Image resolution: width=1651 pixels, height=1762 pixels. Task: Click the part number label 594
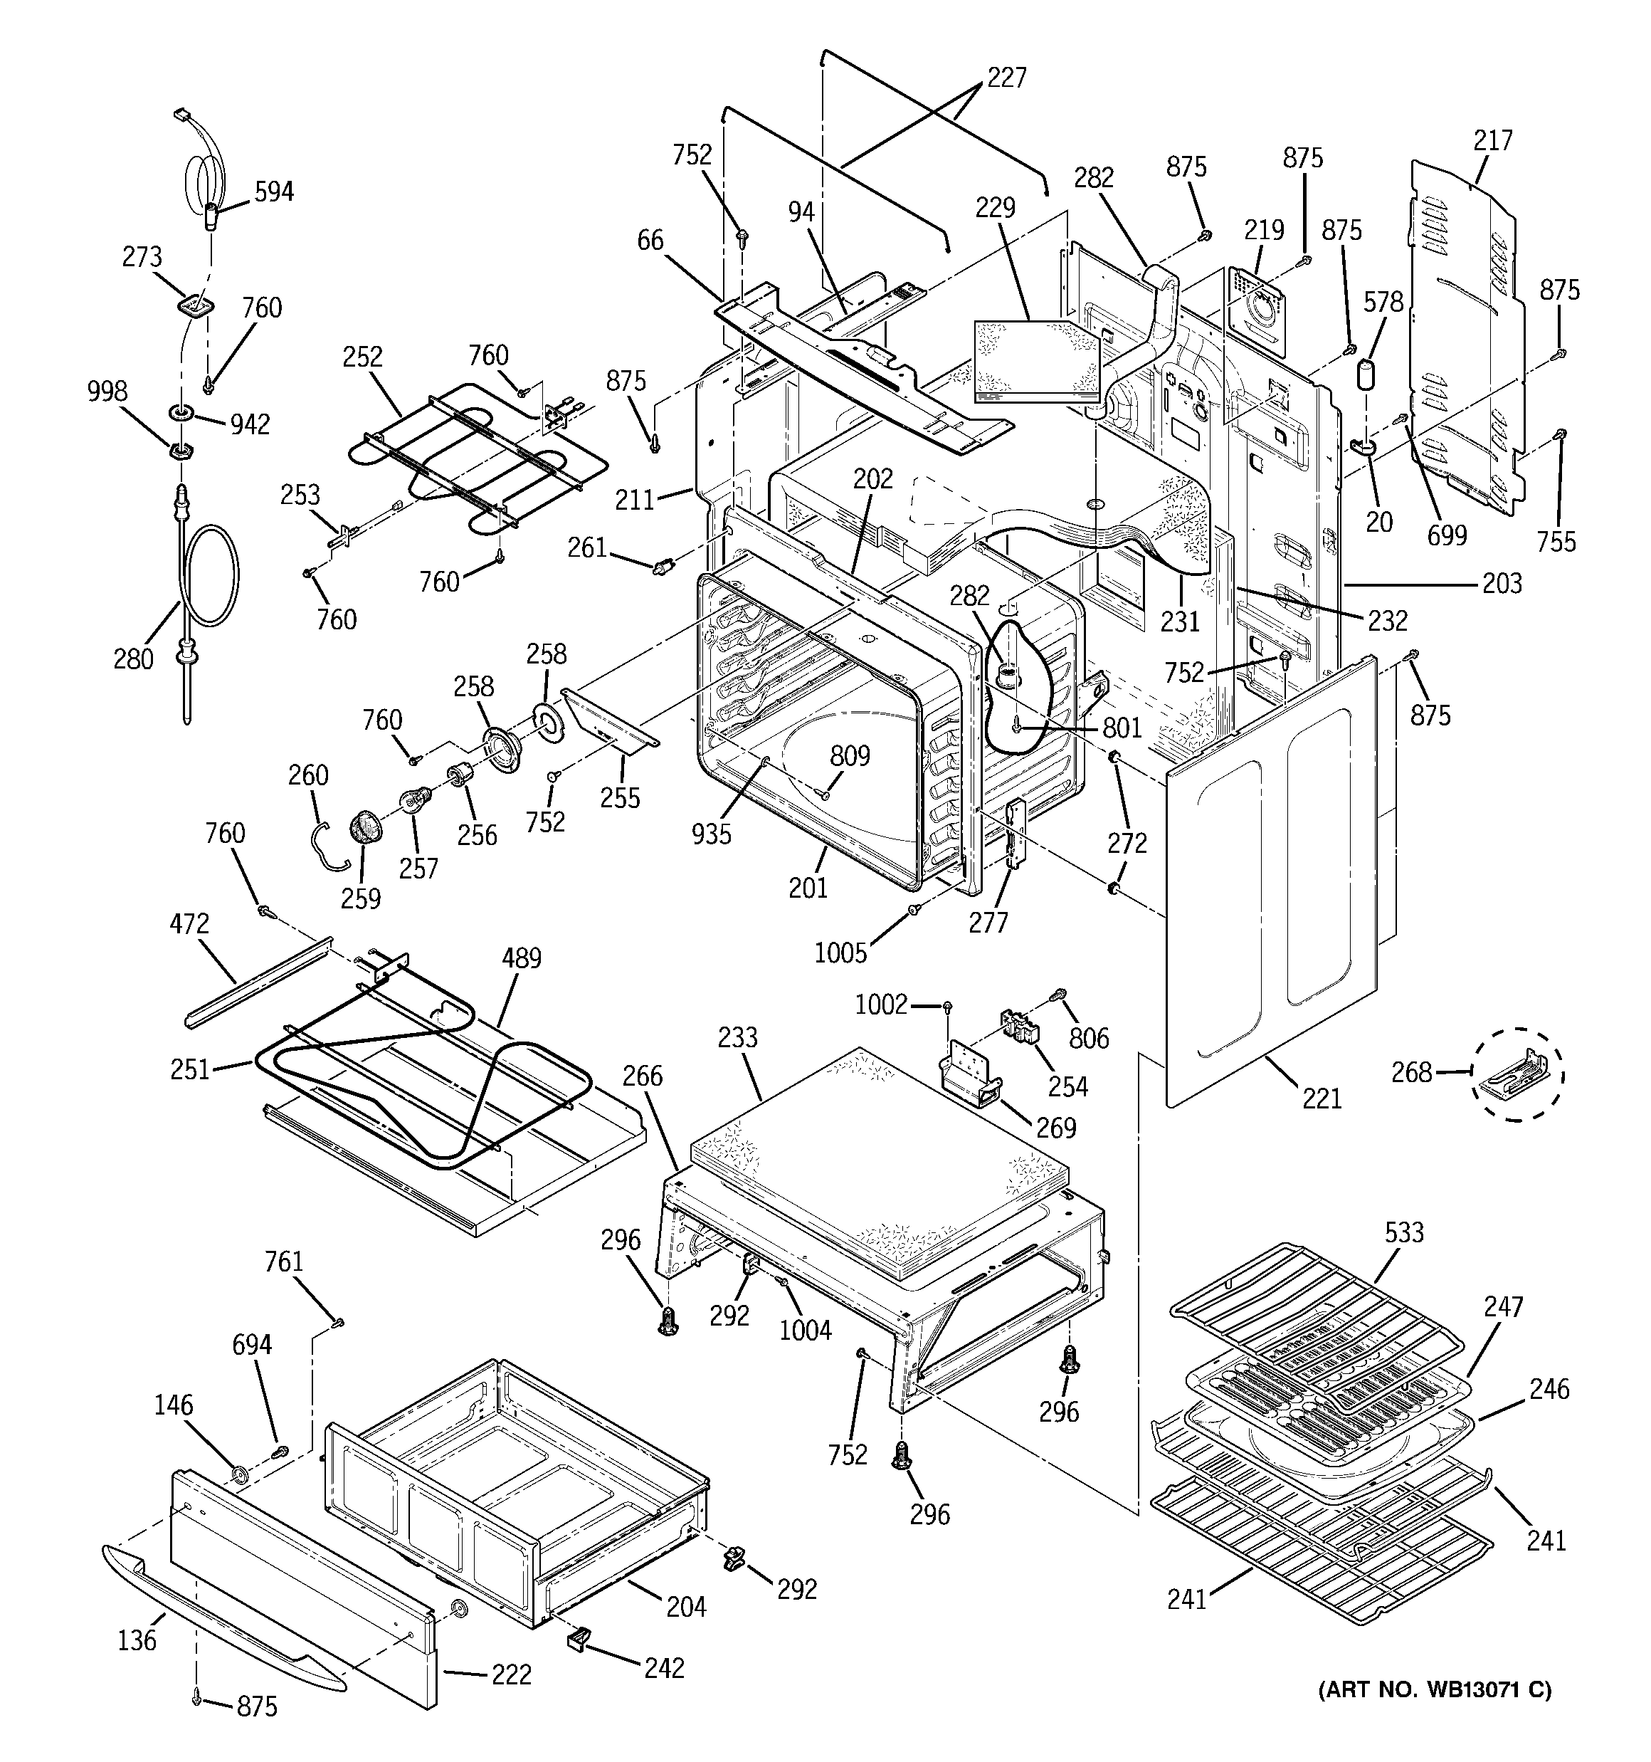tap(274, 192)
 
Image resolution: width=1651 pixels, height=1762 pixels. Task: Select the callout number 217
tap(1493, 140)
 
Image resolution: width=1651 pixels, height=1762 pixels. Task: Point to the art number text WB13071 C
tap(1435, 1715)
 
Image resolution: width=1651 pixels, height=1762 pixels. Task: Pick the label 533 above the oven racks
tap(1405, 1232)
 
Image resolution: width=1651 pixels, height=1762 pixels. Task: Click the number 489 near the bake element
tap(521, 958)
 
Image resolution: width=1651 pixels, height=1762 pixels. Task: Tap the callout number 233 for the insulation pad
tap(737, 1037)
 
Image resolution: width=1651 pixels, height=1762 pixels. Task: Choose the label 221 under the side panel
tap(1322, 1099)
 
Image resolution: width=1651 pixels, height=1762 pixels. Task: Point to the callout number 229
tap(995, 207)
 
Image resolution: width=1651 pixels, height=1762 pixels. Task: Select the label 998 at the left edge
tap(107, 391)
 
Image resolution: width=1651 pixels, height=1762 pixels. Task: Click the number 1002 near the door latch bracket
tap(881, 1005)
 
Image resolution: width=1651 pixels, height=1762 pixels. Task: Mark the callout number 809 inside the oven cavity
tap(850, 756)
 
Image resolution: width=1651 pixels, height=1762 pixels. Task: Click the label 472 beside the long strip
tap(189, 923)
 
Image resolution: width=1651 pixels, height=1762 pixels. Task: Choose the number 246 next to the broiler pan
tap(1549, 1388)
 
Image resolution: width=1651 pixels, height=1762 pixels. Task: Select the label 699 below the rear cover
tap(1447, 535)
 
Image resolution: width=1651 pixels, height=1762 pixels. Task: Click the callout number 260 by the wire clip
tap(308, 775)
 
